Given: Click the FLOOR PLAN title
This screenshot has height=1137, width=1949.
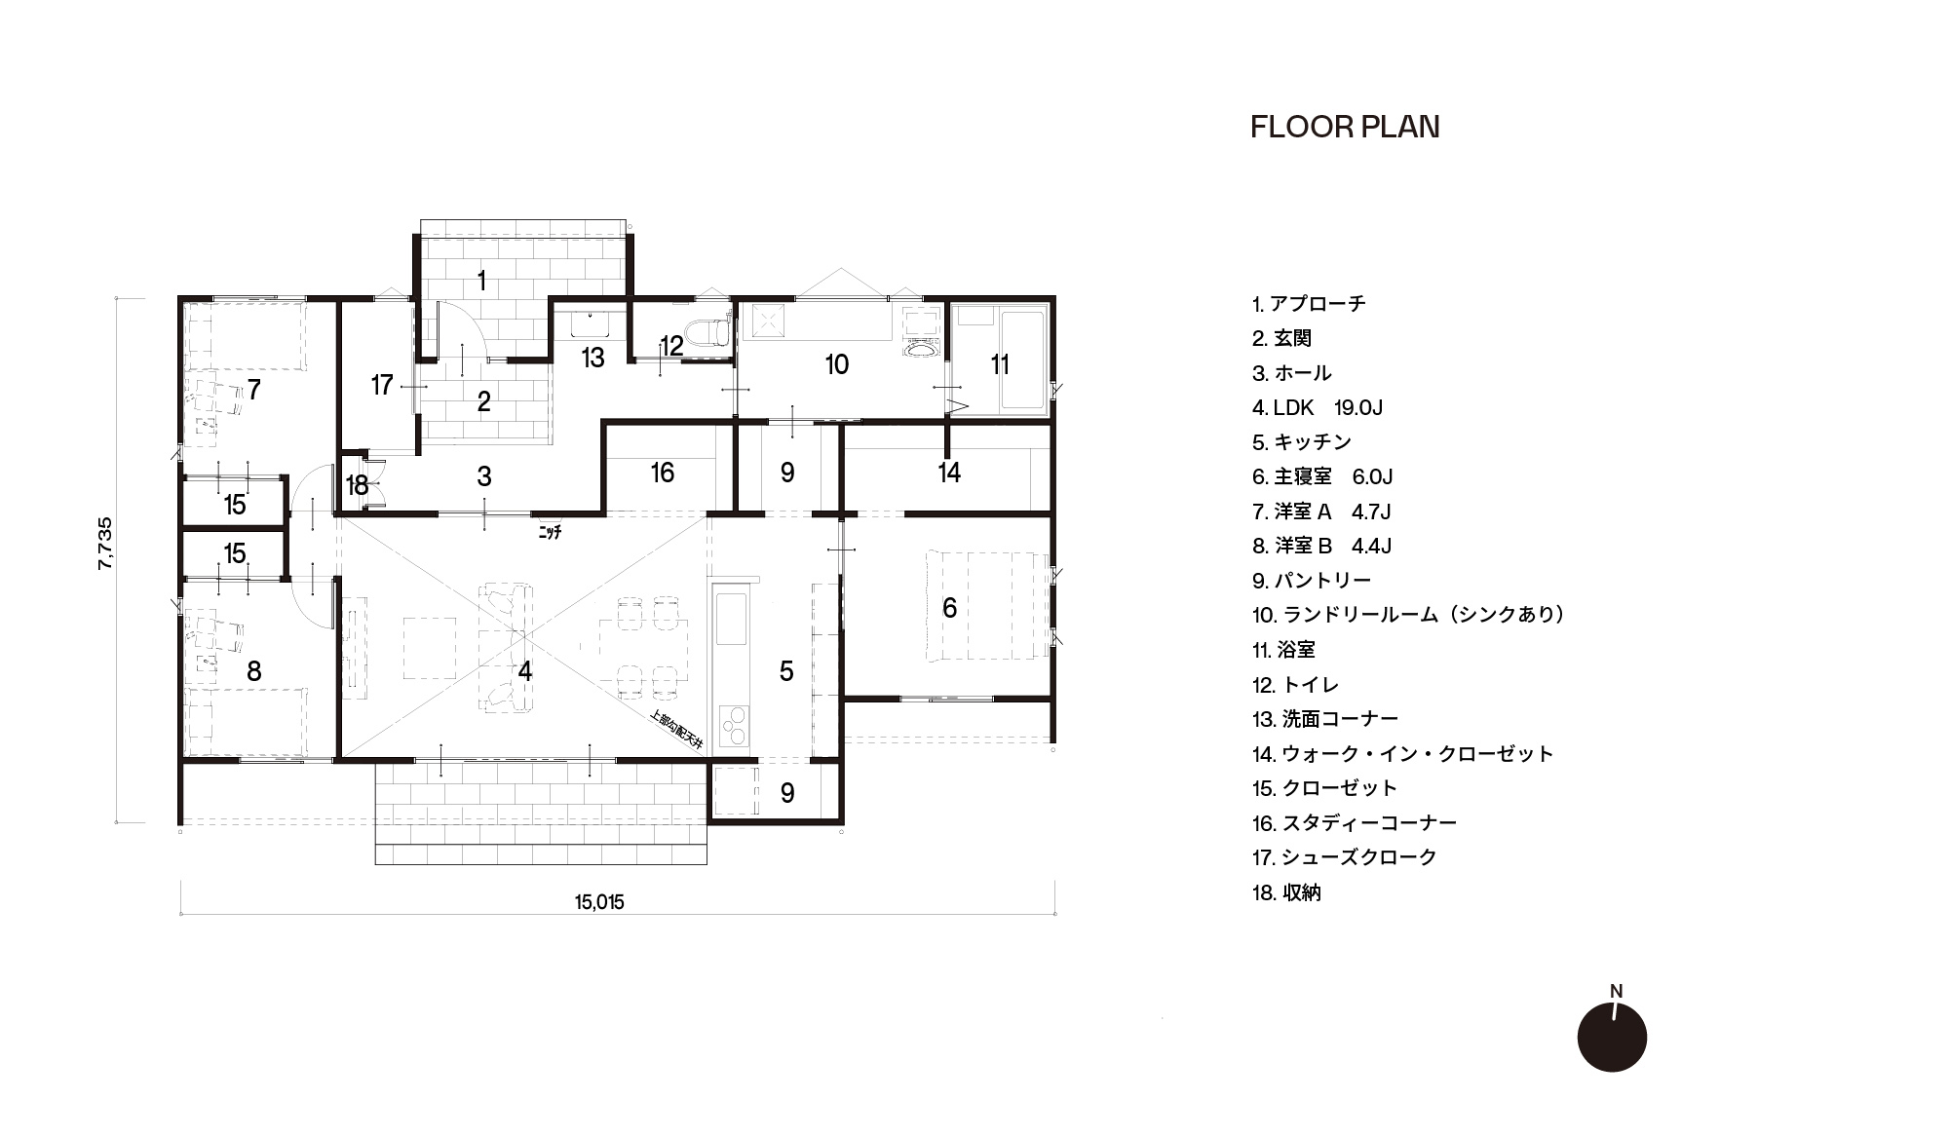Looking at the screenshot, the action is [1345, 128].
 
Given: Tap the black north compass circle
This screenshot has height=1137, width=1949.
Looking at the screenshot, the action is [1612, 1037].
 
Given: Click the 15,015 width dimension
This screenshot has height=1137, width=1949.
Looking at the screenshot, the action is [599, 902].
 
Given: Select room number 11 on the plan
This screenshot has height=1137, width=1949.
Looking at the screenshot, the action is [1000, 364].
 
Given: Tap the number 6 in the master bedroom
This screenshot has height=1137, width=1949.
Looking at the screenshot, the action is [949, 608].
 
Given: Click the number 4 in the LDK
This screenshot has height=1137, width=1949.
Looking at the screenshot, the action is [525, 671].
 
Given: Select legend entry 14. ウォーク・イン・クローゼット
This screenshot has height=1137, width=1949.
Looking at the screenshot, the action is [1402, 753].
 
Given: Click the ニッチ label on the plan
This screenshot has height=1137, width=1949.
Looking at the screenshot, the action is [550, 533].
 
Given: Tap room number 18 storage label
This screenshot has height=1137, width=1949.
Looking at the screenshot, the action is [357, 485].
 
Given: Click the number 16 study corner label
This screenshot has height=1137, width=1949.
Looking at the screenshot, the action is [662, 473].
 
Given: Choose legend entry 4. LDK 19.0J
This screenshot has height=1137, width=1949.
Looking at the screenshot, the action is [1318, 407].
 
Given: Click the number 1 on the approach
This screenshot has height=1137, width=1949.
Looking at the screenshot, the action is [481, 282].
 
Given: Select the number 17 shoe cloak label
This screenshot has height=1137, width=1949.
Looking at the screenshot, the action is [381, 386].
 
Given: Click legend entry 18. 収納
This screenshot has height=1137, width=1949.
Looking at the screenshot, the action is [1286, 892].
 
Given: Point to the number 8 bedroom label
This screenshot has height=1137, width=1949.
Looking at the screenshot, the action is [254, 671].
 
